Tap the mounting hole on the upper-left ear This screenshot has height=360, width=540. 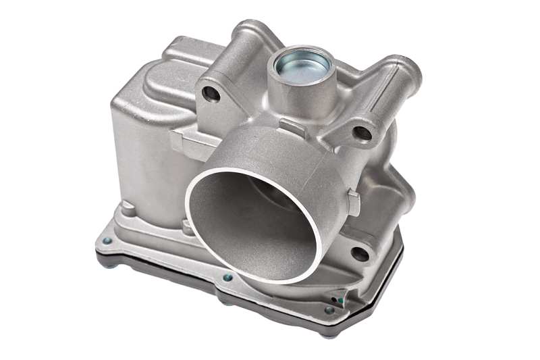(x=211, y=93)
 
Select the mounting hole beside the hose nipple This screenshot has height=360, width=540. (x=363, y=133)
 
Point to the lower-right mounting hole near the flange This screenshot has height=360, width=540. (x=360, y=254)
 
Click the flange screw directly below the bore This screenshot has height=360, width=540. (x=227, y=277)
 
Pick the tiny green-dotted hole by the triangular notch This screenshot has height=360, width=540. (x=342, y=295)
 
